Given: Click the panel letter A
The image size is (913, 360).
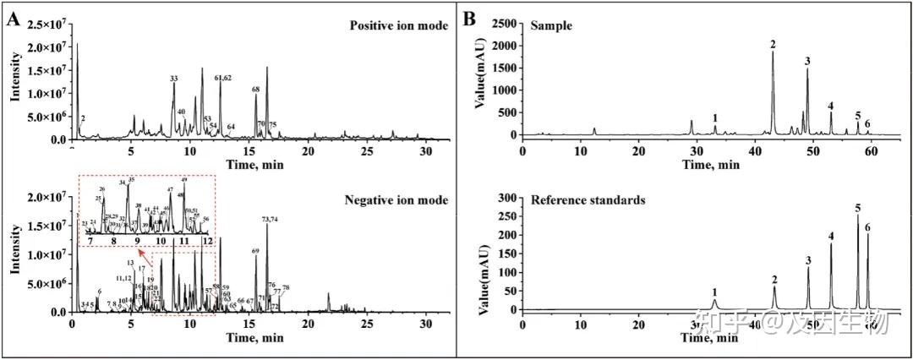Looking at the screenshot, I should click(13, 19).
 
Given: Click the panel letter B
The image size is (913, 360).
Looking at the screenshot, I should click(469, 19).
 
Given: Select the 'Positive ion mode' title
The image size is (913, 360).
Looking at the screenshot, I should click(391, 26).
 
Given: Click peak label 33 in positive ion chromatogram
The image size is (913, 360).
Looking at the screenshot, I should click(174, 79).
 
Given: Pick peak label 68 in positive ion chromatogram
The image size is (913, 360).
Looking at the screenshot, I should click(256, 89).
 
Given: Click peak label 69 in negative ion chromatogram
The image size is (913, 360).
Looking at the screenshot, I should click(256, 251).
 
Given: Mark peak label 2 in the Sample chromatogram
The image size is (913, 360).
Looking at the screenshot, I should click(772, 43).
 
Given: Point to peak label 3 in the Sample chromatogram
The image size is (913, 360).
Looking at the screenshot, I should click(807, 61).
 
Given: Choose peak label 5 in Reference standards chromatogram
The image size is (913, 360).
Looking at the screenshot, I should click(857, 208).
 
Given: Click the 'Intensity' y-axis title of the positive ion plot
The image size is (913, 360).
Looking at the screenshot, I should click(14, 82).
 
